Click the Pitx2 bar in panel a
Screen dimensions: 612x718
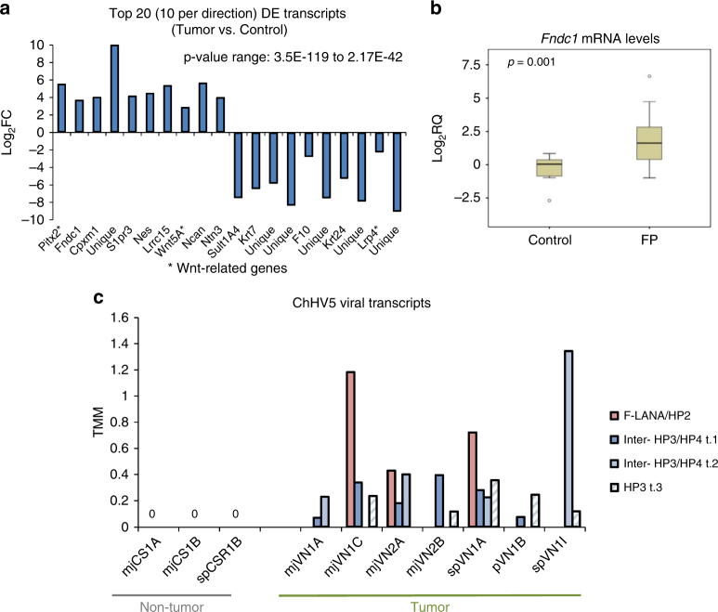coord(62,108)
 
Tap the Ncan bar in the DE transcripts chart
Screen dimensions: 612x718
coord(202,108)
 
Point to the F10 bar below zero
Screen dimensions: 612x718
coord(308,144)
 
